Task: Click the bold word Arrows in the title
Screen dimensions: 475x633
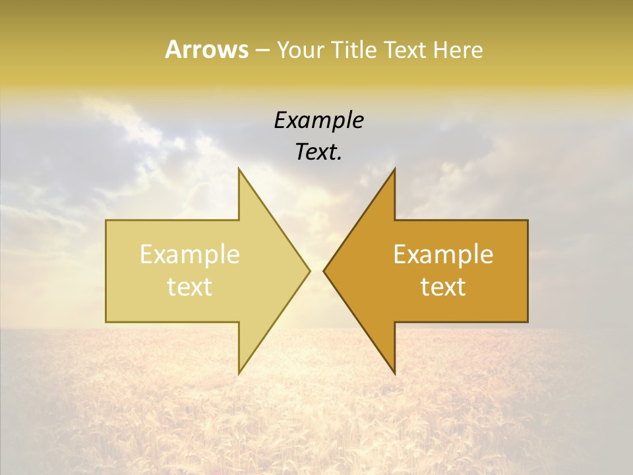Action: pyautogui.click(x=206, y=49)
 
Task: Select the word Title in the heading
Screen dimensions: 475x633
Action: pyautogui.click(x=353, y=49)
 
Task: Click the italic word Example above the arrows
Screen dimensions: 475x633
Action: pyautogui.click(x=318, y=121)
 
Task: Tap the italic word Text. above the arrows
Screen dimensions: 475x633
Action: pyautogui.click(x=318, y=152)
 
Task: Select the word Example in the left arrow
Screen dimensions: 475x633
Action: pyautogui.click(x=189, y=255)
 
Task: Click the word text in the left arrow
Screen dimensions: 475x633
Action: pyautogui.click(x=189, y=287)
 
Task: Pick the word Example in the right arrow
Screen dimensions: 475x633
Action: pyautogui.click(x=443, y=255)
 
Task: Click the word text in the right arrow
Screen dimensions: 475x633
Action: pyautogui.click(x=443, y=287)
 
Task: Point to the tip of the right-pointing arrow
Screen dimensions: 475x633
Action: pyautogui.click(x=310, y=270)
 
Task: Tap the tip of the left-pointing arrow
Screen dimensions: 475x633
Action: pyautogui.click(x=324, y=270)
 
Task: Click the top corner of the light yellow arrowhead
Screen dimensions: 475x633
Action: pyautogui.click(x=239, y=168)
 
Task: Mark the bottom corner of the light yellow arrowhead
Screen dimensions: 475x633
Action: pyautogui.click(x=239, y=374)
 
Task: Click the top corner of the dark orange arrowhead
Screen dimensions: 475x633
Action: pyautogui.click(x=394, y=168)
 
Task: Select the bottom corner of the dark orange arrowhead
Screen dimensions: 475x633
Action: pyautogui.click(x=394, y=374)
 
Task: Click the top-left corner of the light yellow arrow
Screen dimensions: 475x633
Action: pyautogui.click(x=106, y=220)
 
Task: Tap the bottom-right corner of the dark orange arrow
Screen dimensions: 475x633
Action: pyautogui.click(x=527, y=322)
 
